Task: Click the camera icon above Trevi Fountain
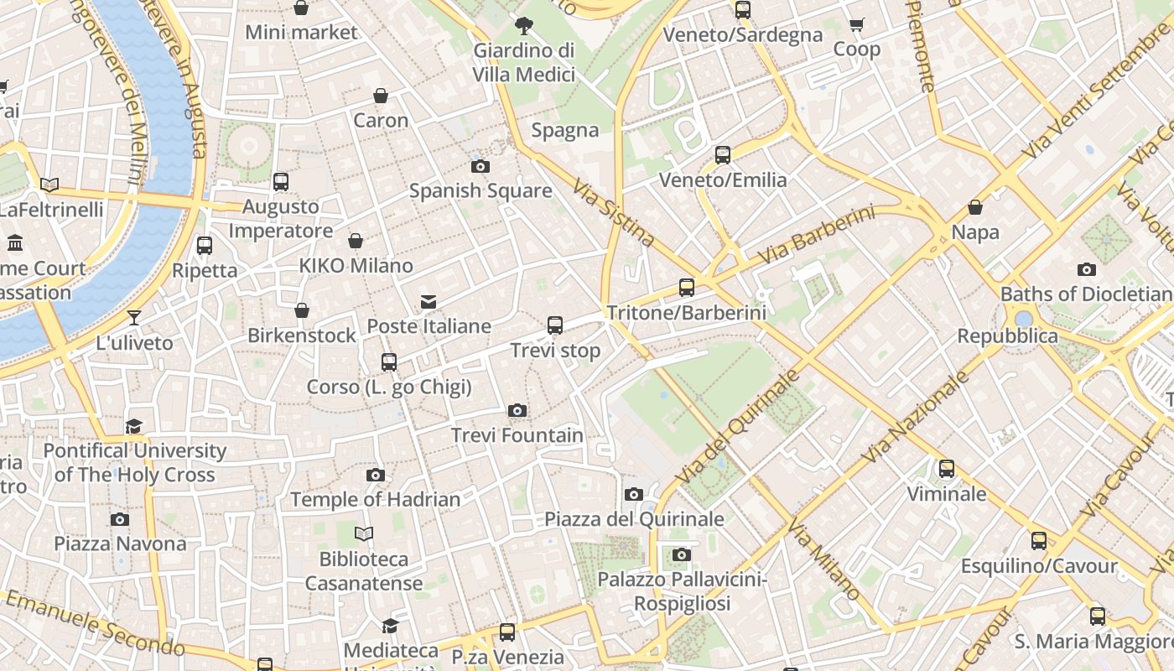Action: (x=517, y=411)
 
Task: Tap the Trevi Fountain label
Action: (x=517, y=435)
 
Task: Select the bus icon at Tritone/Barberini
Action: (x=687, y=288)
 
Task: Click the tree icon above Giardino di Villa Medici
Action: (x=524, y=25)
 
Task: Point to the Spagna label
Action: (x=565, y=130)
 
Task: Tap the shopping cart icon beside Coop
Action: (x=856, y=25)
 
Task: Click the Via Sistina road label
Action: (x=614, y=211)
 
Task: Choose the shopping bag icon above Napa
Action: (x=975, y=207)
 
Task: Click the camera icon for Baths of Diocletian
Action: (x=1087, y=270)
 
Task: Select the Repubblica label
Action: (x=1008, y=336)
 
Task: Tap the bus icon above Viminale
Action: (x=947, y=469)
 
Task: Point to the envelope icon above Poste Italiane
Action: (x=429, y=302)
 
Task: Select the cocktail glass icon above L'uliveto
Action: (x=134, y=318)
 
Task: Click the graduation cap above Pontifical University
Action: (x=134, y=427)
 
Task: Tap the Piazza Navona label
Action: (x=121, y=544)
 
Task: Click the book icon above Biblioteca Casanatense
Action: (x=364, y=534)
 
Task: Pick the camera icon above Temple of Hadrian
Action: (x=376, y=476)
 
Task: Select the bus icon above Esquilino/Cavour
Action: (x=1039, y=541)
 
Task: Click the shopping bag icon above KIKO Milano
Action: (x=356, y=242)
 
